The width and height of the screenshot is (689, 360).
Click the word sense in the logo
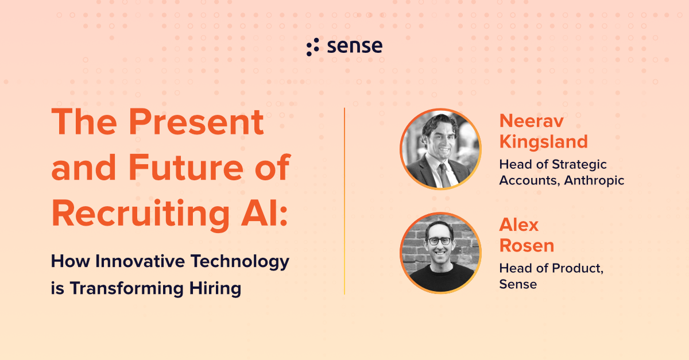pos(355,47)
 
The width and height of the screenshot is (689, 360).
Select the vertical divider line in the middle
pos(344,201)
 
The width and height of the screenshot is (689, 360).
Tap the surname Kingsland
pos(543,141)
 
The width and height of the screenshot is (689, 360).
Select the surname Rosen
pos(527,245)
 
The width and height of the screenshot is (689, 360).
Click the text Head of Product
pos(551,268)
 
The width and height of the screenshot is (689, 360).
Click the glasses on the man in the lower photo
pos(439,241)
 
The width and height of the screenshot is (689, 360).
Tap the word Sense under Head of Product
pos(518,284)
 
